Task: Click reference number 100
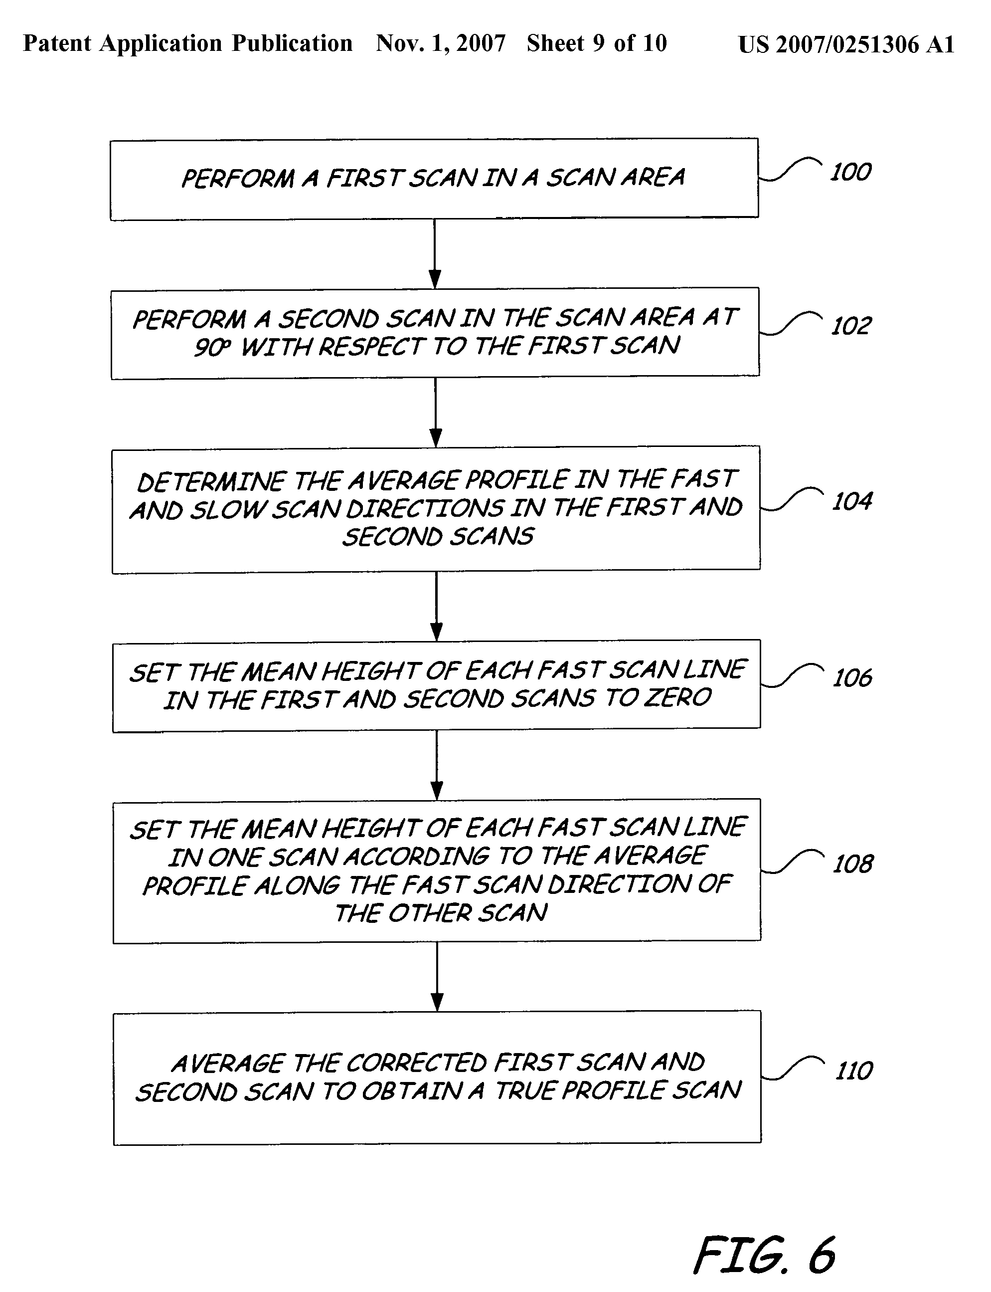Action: click(x=850, y=172)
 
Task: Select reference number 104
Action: click(x=852, y=502)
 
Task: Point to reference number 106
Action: click(x=852, y=677)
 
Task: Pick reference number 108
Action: click(x=853, y=864)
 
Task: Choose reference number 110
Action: click(x=854, y=1071)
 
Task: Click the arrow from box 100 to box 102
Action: click(x=435, y=254)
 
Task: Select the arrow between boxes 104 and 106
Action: click(x=437, y=606)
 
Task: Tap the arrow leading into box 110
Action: click(x=437, y=976)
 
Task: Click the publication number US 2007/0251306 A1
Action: click(x=846, y=44)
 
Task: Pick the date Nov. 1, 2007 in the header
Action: click(x=441, y=43)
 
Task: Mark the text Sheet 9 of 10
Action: click(x=596, y=43)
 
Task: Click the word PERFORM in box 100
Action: click(x=238, y=178)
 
